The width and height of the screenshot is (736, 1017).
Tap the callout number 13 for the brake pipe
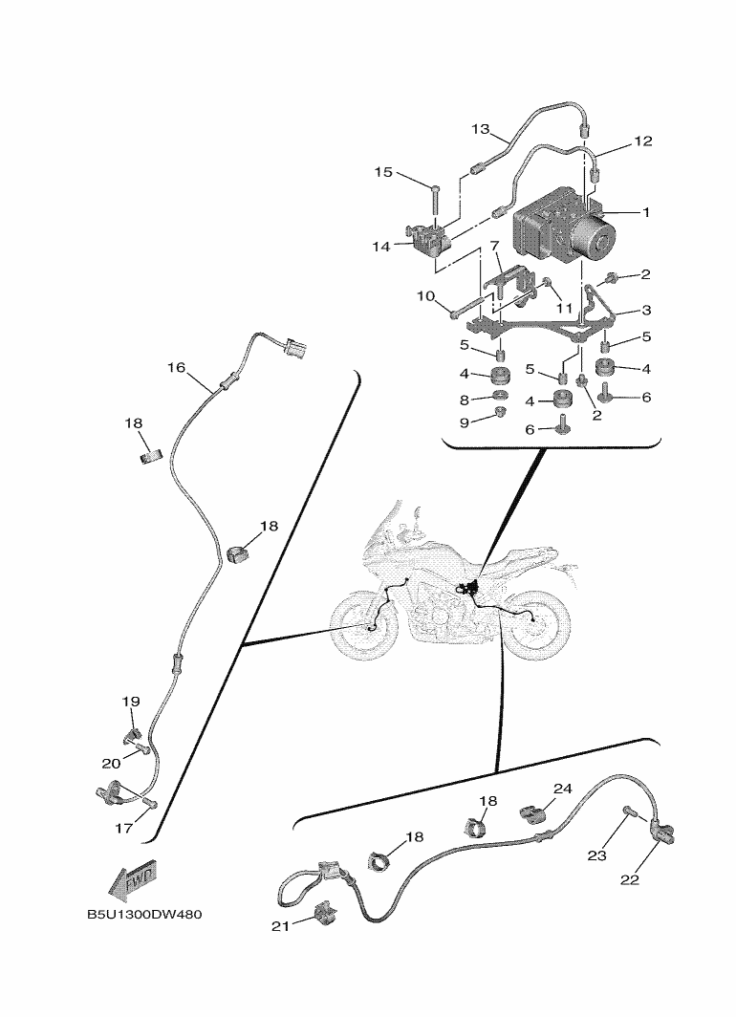480,128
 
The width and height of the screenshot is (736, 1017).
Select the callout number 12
642,141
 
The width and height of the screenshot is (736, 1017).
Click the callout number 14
381,247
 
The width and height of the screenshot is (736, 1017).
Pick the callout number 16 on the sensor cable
176,367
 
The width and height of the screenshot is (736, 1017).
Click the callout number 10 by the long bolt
425,295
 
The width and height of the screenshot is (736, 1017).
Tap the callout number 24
562,789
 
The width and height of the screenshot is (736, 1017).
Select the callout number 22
629,880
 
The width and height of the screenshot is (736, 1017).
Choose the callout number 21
279,925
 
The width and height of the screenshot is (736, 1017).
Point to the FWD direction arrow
135,878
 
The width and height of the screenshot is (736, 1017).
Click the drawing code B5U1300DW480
144,916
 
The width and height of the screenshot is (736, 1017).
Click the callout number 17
123,829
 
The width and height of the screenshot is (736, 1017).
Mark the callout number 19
131,703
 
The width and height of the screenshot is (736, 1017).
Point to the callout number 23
597,856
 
